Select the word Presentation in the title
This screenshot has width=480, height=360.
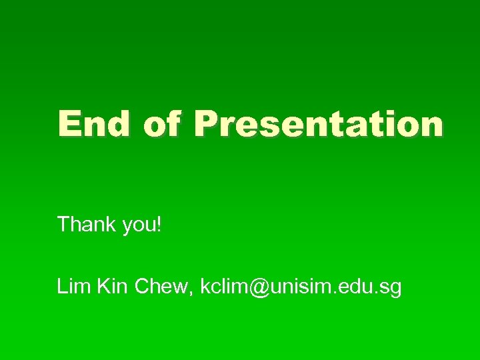tap(319, 124)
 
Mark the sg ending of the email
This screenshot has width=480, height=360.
tap(391, 289)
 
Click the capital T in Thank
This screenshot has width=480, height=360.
tap(63, 225)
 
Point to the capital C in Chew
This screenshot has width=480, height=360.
tap(143, 287)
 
